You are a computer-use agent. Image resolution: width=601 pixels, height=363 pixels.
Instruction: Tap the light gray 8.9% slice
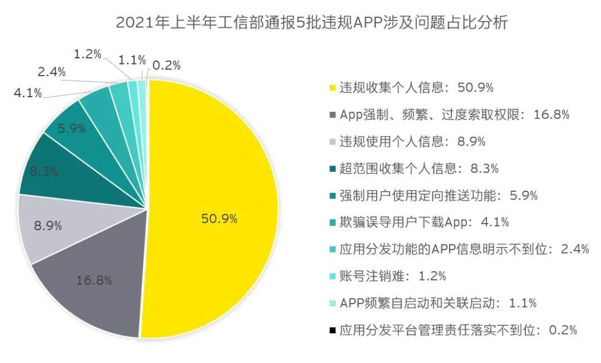47,227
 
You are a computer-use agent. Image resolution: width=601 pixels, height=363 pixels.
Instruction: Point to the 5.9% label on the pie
72,129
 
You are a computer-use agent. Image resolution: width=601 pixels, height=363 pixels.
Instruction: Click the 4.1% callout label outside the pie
28,93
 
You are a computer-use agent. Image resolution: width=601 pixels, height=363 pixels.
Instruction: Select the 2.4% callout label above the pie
52,72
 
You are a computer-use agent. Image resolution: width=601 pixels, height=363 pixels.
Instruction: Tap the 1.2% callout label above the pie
87,54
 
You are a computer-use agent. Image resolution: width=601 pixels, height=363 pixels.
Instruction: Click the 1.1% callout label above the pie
132,59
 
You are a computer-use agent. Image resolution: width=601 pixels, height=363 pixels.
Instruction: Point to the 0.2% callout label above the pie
166,65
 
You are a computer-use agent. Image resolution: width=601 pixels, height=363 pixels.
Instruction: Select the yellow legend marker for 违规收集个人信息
332,88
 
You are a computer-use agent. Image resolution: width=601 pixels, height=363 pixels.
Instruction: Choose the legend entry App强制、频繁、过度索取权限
454,115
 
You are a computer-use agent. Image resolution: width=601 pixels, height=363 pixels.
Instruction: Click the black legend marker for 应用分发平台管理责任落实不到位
332,330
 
